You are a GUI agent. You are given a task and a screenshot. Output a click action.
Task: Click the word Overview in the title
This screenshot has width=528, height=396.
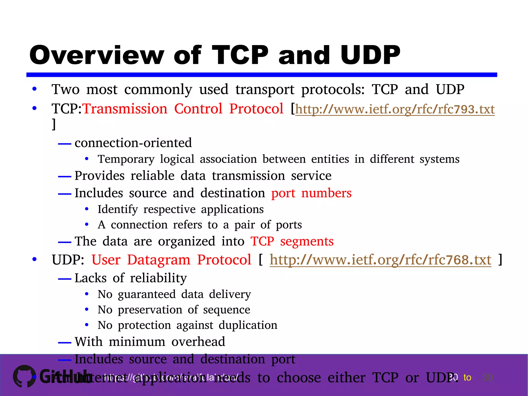(97, 55)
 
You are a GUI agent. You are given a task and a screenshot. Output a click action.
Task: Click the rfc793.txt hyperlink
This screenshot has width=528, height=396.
(395, 109)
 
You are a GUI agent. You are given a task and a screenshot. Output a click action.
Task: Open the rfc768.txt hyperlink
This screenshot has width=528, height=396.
(380, 260)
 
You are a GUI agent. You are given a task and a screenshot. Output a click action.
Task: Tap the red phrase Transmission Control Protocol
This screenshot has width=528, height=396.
(183, 109)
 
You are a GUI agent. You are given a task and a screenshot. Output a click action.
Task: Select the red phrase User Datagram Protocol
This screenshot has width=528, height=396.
(171, 260)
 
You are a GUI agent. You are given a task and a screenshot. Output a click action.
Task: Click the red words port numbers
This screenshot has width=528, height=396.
(311, 193)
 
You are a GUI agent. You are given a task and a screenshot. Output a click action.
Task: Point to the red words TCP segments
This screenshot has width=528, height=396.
(292, 242)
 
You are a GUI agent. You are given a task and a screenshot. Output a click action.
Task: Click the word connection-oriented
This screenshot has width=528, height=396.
(133, 143)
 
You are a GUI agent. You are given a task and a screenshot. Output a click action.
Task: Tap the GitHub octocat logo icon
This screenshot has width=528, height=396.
(24, 376)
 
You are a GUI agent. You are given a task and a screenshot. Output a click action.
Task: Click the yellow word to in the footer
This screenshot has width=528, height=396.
(467, 377)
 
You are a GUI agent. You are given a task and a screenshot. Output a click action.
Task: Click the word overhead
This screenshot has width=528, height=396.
(198, 342)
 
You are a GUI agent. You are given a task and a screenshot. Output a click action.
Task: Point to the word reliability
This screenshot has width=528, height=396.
(158, 278)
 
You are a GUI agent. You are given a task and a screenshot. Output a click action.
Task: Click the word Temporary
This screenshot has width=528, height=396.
(126, 159)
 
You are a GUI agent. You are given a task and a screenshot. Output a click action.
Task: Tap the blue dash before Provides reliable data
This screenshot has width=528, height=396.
(64, 177)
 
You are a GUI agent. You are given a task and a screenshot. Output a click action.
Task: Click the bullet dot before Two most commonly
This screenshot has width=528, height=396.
(34, 89)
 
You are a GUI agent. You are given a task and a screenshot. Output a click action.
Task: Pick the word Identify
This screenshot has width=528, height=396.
(118, 209)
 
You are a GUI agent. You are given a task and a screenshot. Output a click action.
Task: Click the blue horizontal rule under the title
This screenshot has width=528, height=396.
(261, 75)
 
